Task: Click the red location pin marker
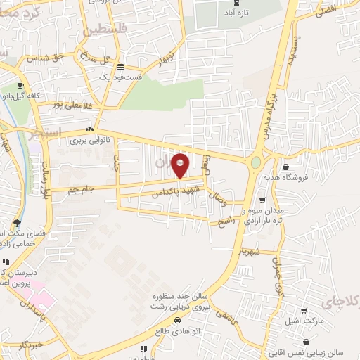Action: [x=180, y=165]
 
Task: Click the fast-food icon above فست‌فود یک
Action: [x=120, y=67]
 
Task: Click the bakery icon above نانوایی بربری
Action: [x=89, y=129]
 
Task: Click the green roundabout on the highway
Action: [x=256, y=162]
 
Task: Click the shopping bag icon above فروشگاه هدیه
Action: [x=287, y=167]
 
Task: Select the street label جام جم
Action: [x=82, y=190]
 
